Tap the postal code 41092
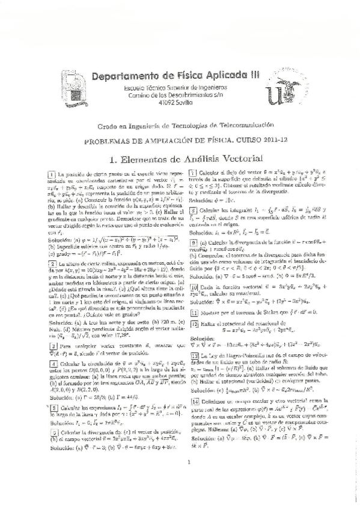(x=159, y=103)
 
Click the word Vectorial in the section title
(x=233, y=159)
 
